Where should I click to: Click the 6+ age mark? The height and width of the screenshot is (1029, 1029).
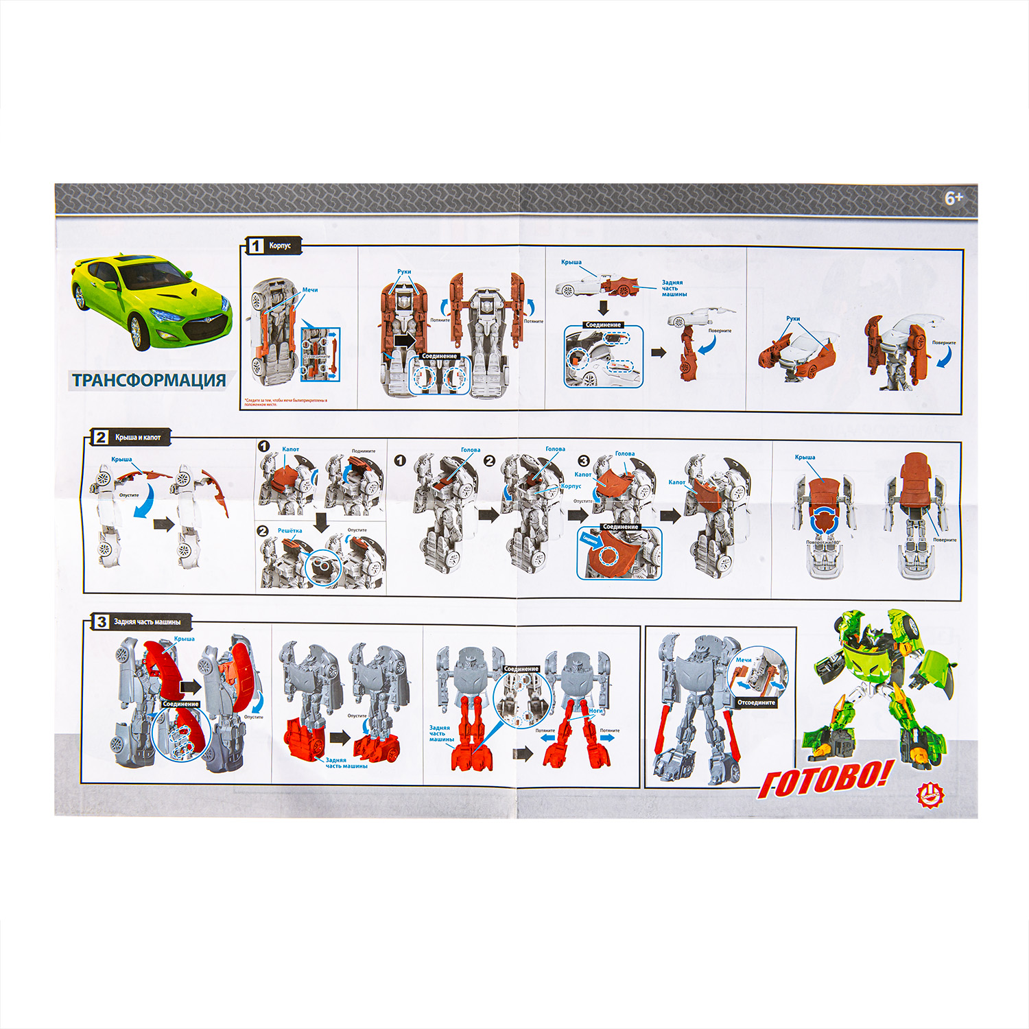pos(954,198)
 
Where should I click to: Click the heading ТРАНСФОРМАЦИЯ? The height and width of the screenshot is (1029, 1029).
pos(149,380)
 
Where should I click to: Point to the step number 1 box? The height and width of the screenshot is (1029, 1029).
pos(256,246)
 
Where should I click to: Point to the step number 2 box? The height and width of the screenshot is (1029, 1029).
pos(101,437)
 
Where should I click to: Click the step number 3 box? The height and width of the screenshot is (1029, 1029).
pos(102,622)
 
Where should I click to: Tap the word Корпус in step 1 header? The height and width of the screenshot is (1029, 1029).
pos(280,246)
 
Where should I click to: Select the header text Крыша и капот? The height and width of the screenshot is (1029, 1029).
pos(138,438)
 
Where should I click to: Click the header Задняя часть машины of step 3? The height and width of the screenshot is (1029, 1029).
pos(147,622)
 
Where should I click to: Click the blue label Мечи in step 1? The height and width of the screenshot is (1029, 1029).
pos(310,290)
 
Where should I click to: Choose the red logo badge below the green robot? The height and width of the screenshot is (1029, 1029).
pos(930,795)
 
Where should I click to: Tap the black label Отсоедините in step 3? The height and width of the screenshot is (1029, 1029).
pos(756,702)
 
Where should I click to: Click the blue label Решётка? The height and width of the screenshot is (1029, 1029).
pos(289,530)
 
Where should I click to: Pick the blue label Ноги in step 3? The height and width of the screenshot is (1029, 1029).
pos(595,711)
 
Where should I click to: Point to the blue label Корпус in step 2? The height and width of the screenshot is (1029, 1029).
pos(571,486)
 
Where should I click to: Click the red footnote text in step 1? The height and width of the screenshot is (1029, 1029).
pos(285,402)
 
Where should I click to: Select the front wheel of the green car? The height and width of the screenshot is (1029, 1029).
pos(136,333)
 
